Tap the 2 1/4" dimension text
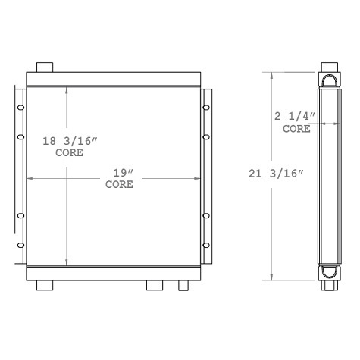(296, 117)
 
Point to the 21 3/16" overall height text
(276, 172)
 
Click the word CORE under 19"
(118, 185)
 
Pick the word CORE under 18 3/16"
(70, 152)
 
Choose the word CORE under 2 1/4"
(296, 129)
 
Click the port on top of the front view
(45, 65)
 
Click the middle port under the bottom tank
(155, 286)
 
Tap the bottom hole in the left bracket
(21, 245)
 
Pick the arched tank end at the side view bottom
(330, 272)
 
